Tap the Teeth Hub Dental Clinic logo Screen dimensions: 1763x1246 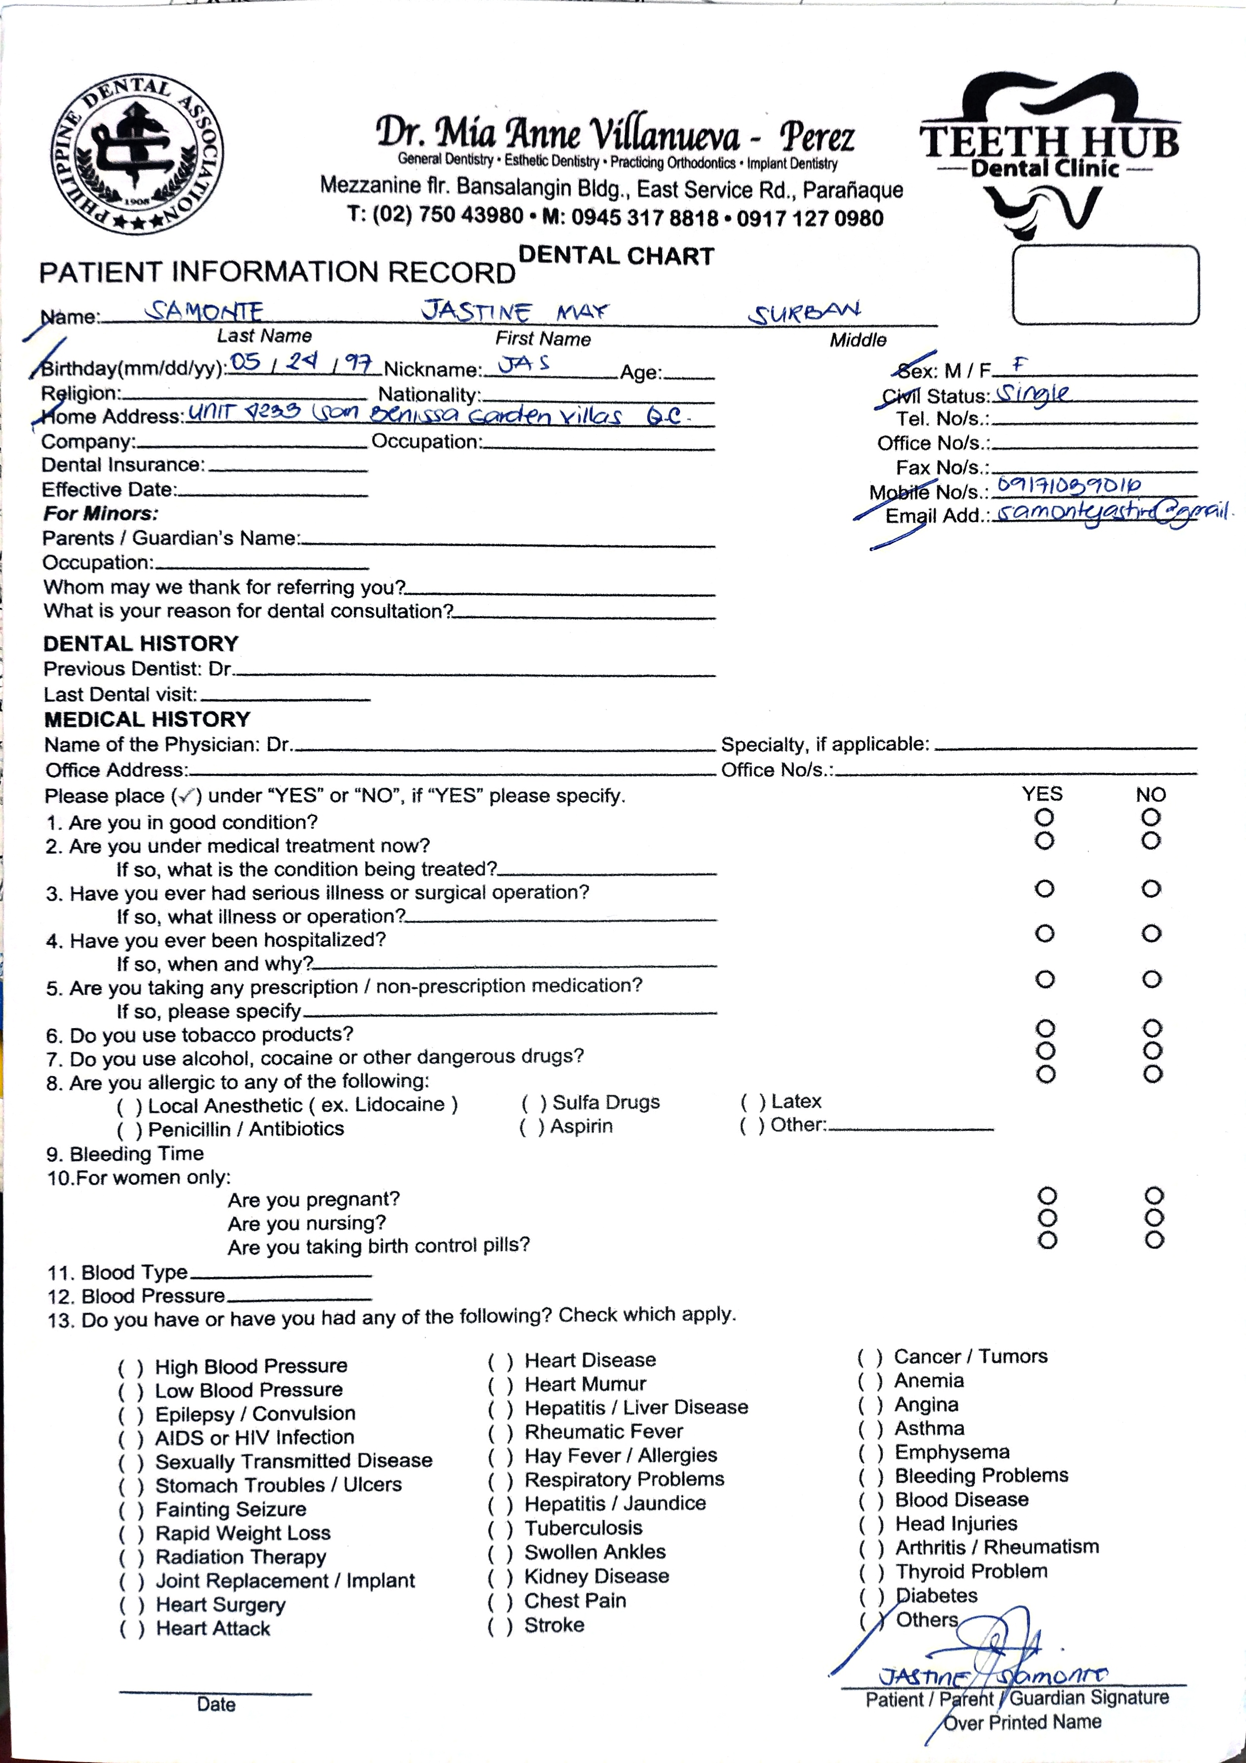point(1049,154)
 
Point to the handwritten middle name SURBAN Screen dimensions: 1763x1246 point(805,312)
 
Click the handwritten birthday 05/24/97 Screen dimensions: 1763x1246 point(302,362)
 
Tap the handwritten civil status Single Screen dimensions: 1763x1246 point(1031,394)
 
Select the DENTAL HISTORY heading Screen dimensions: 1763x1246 point(140,644)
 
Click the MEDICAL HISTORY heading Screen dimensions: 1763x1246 point(147,720)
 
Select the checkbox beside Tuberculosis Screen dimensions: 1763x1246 point(500,1528)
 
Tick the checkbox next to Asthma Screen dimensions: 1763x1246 point(870,1429)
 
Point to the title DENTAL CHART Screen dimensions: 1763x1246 point(617,256)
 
